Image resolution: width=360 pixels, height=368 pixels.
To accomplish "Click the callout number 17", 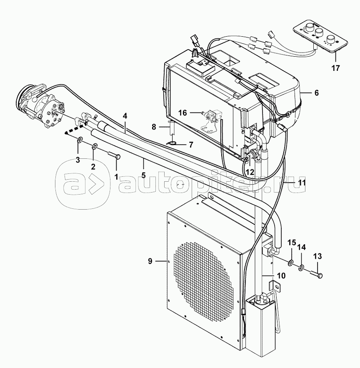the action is [x=335, y=68].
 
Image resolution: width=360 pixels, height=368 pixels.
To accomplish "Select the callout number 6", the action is [x=317, y=93].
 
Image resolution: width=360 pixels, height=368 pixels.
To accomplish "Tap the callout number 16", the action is [x=182, y=113].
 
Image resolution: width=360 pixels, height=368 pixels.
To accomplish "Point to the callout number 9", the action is [x=150, y=261].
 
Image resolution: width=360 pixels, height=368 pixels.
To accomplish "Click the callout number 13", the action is [x=317, y=256].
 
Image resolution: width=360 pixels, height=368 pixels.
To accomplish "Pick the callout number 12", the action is [x=250, y=173].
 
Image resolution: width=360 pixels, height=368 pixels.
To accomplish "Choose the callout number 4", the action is [x=125, y=116].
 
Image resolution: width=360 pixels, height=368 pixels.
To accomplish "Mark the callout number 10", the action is [x=281, y=275].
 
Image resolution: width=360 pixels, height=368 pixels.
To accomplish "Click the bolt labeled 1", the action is [x=115, y=157].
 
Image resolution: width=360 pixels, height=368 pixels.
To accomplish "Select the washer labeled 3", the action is [x=80, y=140].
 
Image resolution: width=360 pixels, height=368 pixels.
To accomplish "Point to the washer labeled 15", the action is [x=290, y=263].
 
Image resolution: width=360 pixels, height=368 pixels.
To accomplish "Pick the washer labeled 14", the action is [x=302, y=268].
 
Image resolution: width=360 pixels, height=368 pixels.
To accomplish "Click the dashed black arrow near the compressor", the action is [x=75, y=129].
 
